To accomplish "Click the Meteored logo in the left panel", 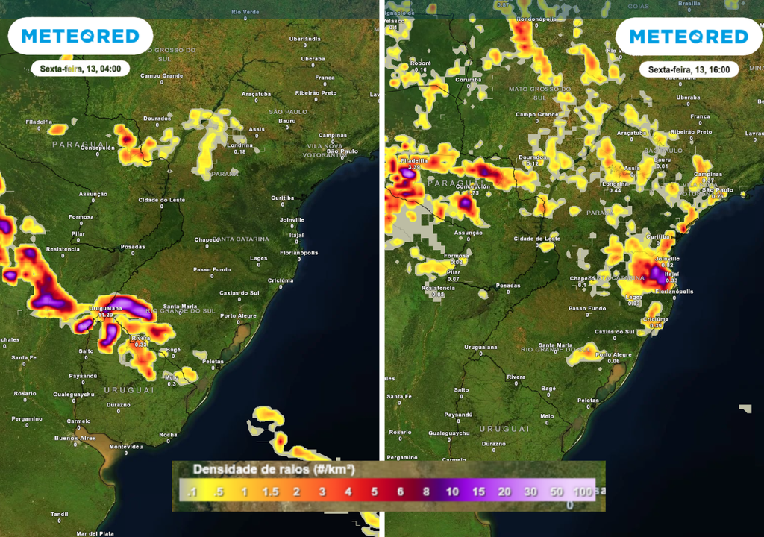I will (x=80, y=36).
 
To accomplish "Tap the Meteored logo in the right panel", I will (x=688, y=36).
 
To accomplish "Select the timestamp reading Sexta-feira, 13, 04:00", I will (x=80, y=69).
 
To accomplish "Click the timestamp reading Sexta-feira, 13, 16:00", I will (x=688, y=69).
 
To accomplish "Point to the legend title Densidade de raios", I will (x=272, y=470).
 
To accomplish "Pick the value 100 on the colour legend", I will (x=583, y=492).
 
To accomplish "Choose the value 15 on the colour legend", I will (x=479, y=492).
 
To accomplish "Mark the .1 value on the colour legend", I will (x=192, y=492).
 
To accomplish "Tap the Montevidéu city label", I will (x=125, y=446).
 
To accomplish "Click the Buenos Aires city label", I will (x=75, y=438).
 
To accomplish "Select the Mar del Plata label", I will (x=95, y=533).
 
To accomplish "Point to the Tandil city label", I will (x=60, y=514).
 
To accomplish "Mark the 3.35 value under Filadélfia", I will (x=415, y=167).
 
